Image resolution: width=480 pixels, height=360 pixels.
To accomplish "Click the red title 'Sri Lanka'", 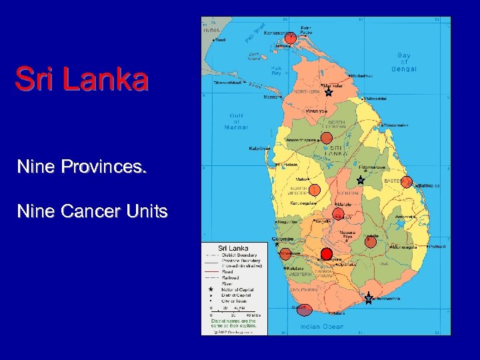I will click(x=81, y=79).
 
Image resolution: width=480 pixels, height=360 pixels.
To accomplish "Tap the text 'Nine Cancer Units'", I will click(x=92, y=211).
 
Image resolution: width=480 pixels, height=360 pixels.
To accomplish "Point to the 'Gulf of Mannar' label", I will click(x=236, y=121).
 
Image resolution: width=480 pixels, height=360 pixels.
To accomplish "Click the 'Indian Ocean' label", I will click(x=321, y=326).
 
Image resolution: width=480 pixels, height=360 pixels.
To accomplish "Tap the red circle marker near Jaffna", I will click(x=290, y=39).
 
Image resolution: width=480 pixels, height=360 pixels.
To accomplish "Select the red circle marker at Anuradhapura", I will click(x=327, y=138).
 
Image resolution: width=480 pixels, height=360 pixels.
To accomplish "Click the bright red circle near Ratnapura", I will click(x=327, y=253).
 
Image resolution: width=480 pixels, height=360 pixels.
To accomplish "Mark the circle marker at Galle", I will click(x=304, y=309).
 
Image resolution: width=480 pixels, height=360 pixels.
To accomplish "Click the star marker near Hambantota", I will click(x=369, y=299).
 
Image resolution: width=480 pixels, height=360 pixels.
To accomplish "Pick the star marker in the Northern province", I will click(x=329, y=93).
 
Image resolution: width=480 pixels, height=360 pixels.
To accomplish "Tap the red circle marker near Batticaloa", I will click(x=407, y=182).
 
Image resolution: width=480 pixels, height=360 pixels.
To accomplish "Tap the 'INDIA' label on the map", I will click(x=211, y=31).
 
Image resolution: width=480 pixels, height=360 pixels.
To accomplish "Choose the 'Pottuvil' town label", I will click(x=437, y=247).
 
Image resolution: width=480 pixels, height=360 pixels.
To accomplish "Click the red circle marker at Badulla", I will click(x=371, y=242).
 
